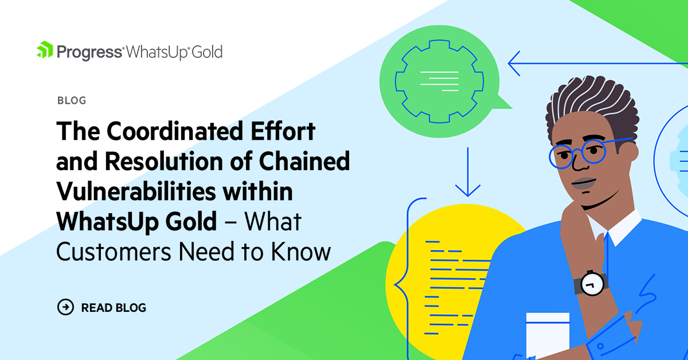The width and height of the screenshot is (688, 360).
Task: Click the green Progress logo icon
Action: pyautogui.click(x=45, y=50)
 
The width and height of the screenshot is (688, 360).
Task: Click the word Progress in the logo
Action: pyautogui.click(x=89, y=52)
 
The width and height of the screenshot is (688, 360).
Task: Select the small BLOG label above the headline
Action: pyautogui.click(x=72, y=101)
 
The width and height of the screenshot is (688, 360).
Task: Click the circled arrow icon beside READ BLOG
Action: pyautogui.click(x=66, y=307)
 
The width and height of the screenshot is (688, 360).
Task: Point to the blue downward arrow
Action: pyautogui.click(x=469, y=172)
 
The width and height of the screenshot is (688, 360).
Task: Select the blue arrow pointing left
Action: pyautogui.click(x=516, y=64)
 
